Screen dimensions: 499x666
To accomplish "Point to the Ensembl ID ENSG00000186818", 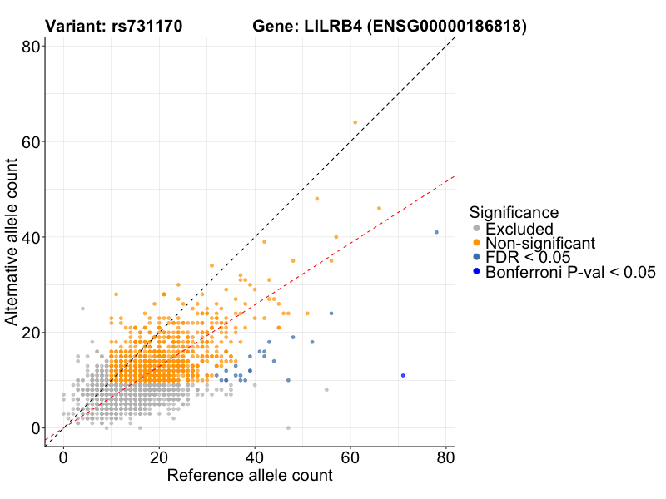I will [448, 27].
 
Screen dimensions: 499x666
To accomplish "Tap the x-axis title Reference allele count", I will [250, 476].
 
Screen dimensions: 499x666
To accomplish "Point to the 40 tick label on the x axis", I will [255, 457].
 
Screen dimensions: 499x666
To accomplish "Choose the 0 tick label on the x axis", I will [63, 457].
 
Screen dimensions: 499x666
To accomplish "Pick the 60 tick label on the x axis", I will [350, 457].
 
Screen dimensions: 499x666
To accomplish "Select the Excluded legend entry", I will [519, 229].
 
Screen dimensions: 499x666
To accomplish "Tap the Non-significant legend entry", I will [540, 243].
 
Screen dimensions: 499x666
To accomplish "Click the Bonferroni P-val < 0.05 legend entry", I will [571, 272].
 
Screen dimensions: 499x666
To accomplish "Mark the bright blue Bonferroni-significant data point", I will [403, 375].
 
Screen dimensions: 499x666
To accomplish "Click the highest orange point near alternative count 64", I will [355, 122].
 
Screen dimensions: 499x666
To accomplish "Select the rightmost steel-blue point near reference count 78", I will [436, 232].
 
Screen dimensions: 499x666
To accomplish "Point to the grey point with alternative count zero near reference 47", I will [288, 427].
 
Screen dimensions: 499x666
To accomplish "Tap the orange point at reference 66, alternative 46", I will [379, 208].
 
